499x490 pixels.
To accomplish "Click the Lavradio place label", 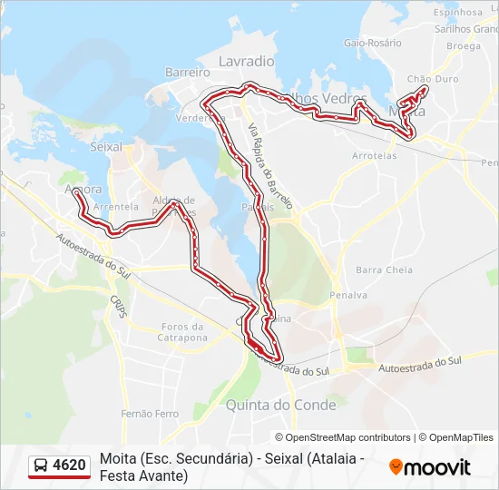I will [246, 61].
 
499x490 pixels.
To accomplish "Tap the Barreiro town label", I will [188, 72].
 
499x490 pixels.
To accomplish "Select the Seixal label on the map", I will [106, 145].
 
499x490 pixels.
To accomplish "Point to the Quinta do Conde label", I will [280, 405].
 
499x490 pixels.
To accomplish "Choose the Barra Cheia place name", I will [384, 269].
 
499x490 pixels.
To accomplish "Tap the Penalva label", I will [348, 295].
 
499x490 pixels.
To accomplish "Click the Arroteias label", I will [374, 155].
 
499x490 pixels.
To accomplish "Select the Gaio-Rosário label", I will [372, 43].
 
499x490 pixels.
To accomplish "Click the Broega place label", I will [463, 45].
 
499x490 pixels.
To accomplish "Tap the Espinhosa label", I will [458, 13].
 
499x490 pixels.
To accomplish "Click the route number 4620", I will [70, 466].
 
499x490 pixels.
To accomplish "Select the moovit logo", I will [429, 467].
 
